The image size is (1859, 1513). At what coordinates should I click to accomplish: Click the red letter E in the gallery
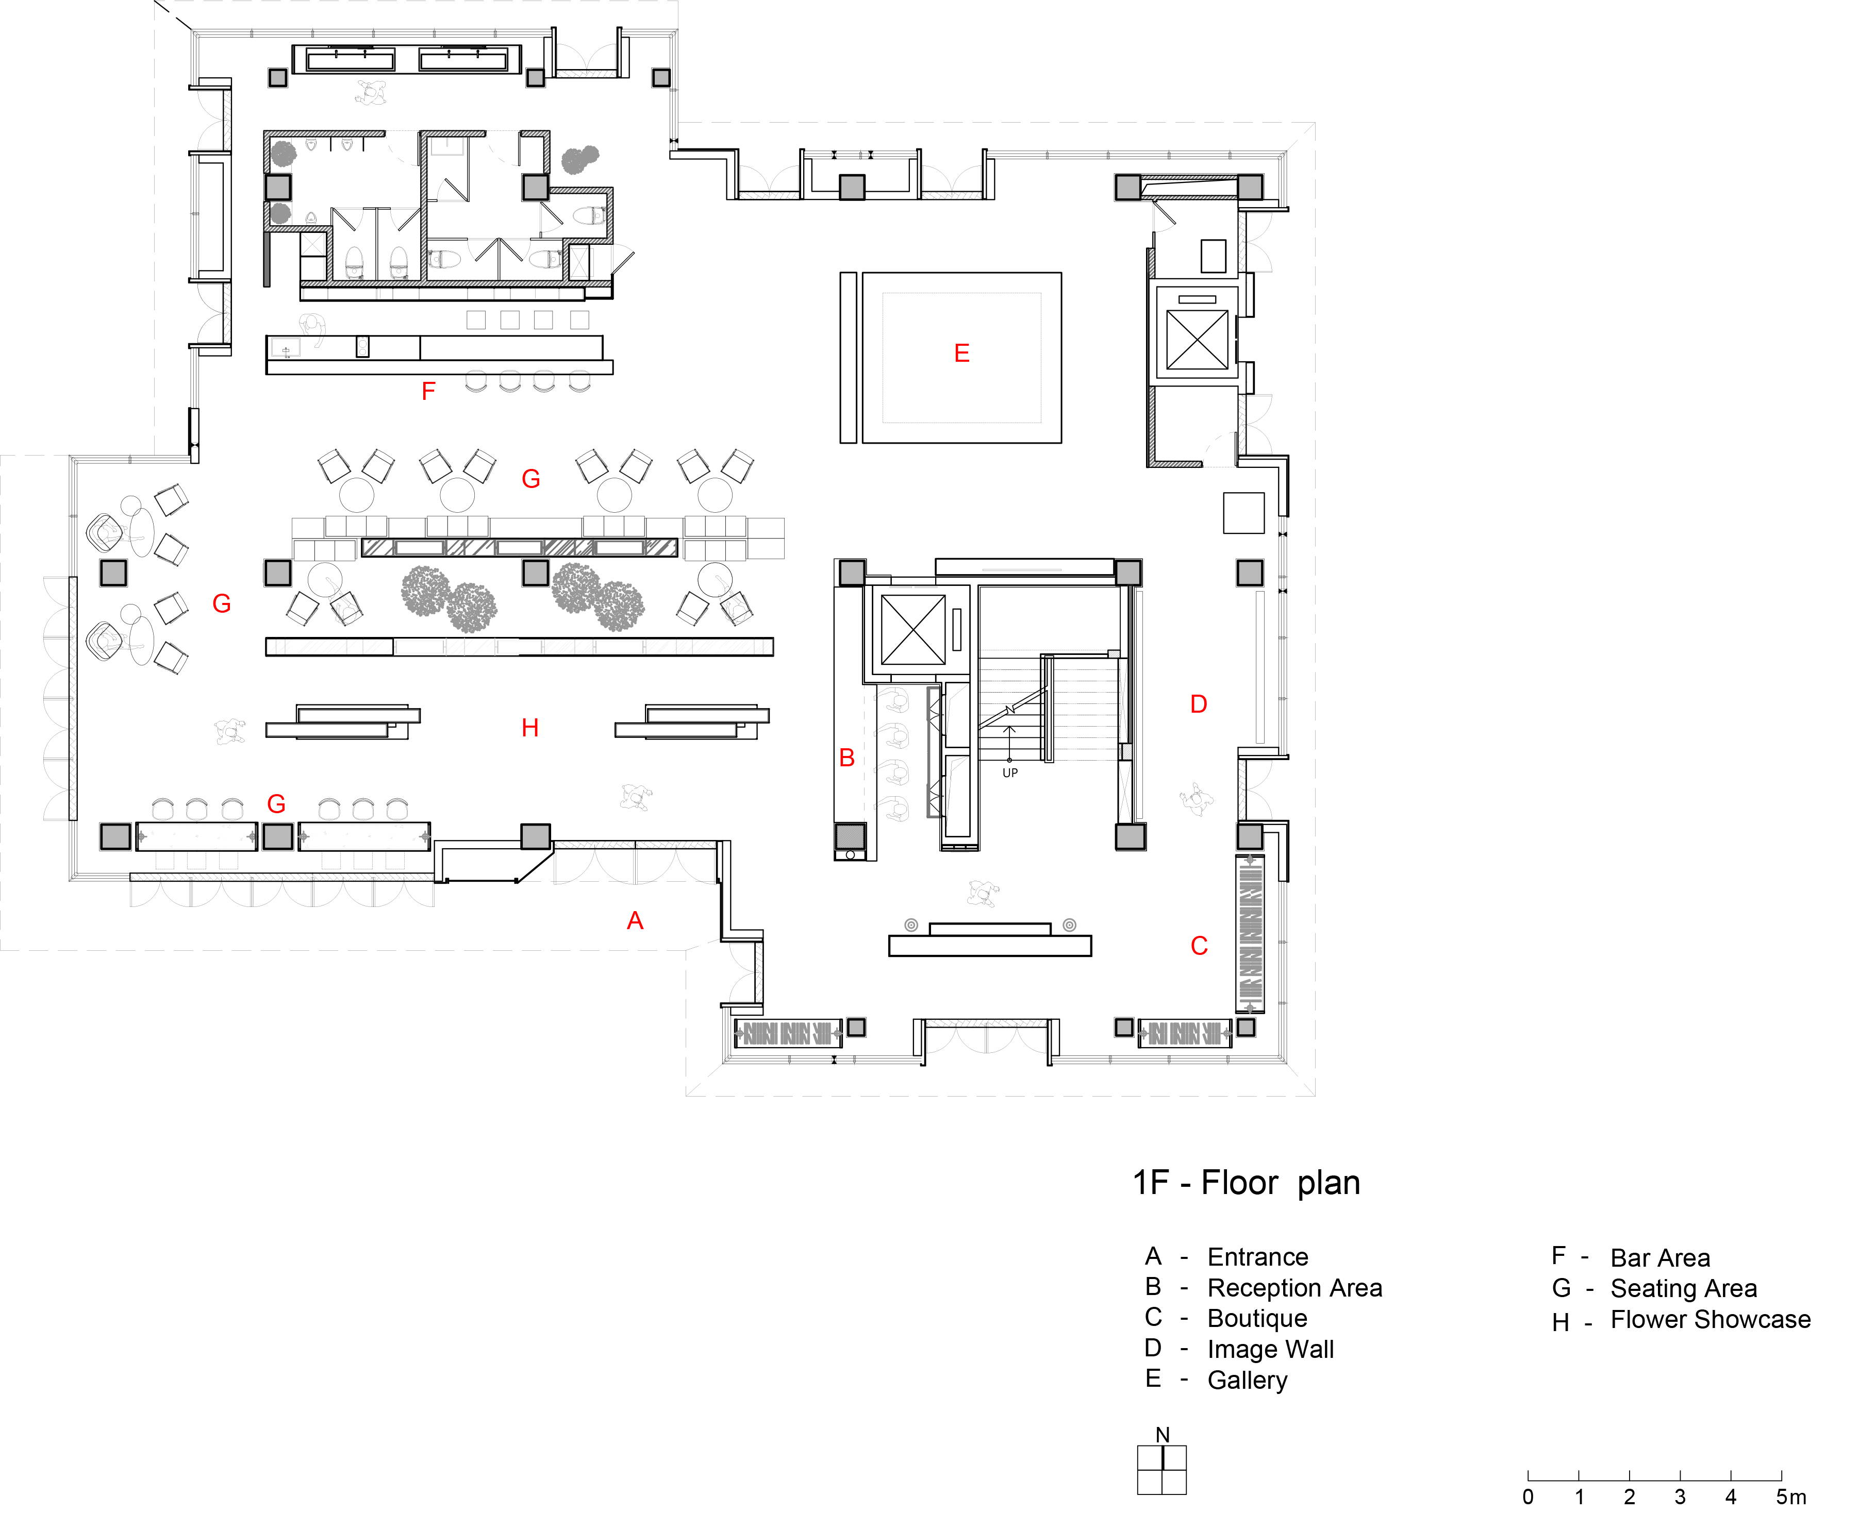tap(962, 353)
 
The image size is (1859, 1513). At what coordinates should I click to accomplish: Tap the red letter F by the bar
tap(428, 391)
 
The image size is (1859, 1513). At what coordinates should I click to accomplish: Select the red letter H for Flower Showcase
tap(530, 728)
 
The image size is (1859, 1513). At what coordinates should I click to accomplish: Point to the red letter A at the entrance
tap(635, 920)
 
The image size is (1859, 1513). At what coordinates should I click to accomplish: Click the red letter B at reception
tap(846, 758)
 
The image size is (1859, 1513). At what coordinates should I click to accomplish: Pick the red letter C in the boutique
tap(1199, 946)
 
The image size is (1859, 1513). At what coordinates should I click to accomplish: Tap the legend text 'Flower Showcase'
tap(1710, 1320)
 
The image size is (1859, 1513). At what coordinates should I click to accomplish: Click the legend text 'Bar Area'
tap(1660, 1257)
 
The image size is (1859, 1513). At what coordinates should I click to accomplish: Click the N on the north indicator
tap(1163, 1435)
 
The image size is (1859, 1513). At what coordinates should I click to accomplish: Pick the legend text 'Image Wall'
tap(1270, 1349)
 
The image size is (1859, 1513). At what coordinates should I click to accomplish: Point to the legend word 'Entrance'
tap(1257, 1257)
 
